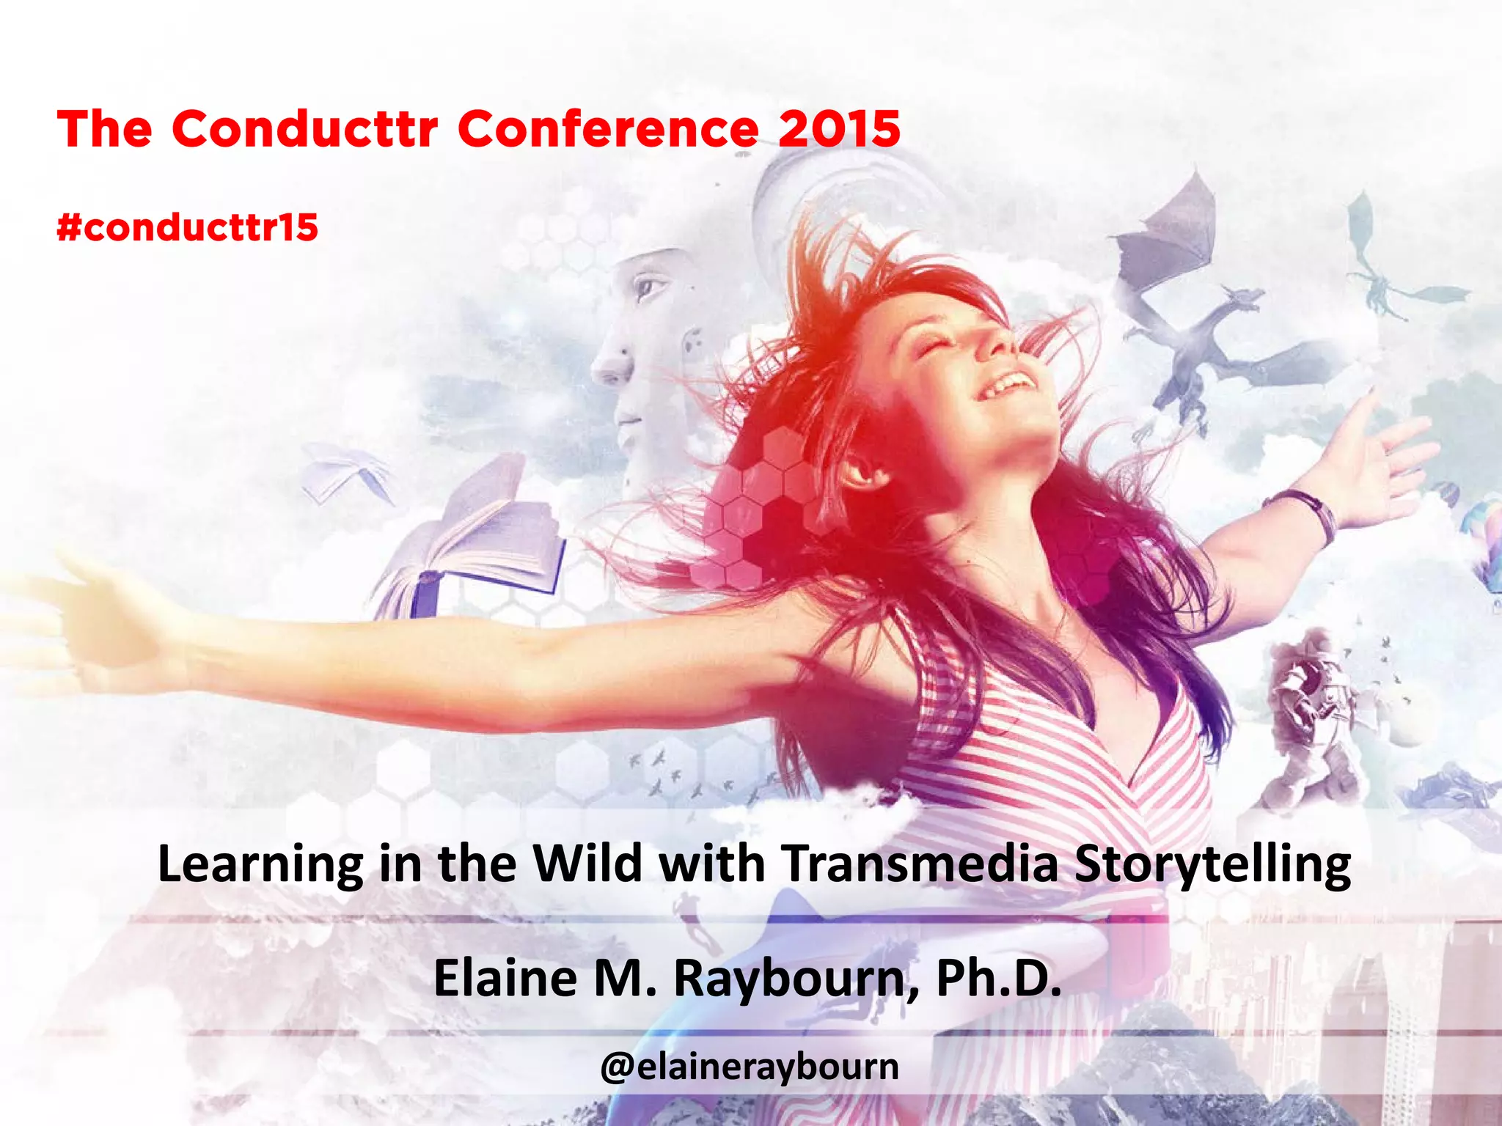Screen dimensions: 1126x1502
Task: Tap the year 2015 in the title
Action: tap(839, 129)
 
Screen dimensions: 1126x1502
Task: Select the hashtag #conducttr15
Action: tap(188, 227)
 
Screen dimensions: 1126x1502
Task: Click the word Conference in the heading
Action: tap(609, 129)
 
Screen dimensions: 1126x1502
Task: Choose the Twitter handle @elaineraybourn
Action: tap(749, 1067)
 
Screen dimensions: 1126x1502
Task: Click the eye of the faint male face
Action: tap(649, 286)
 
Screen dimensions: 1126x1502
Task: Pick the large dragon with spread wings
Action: tap(1203, 308)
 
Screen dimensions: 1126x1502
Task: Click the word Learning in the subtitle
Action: tap(260, 865)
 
